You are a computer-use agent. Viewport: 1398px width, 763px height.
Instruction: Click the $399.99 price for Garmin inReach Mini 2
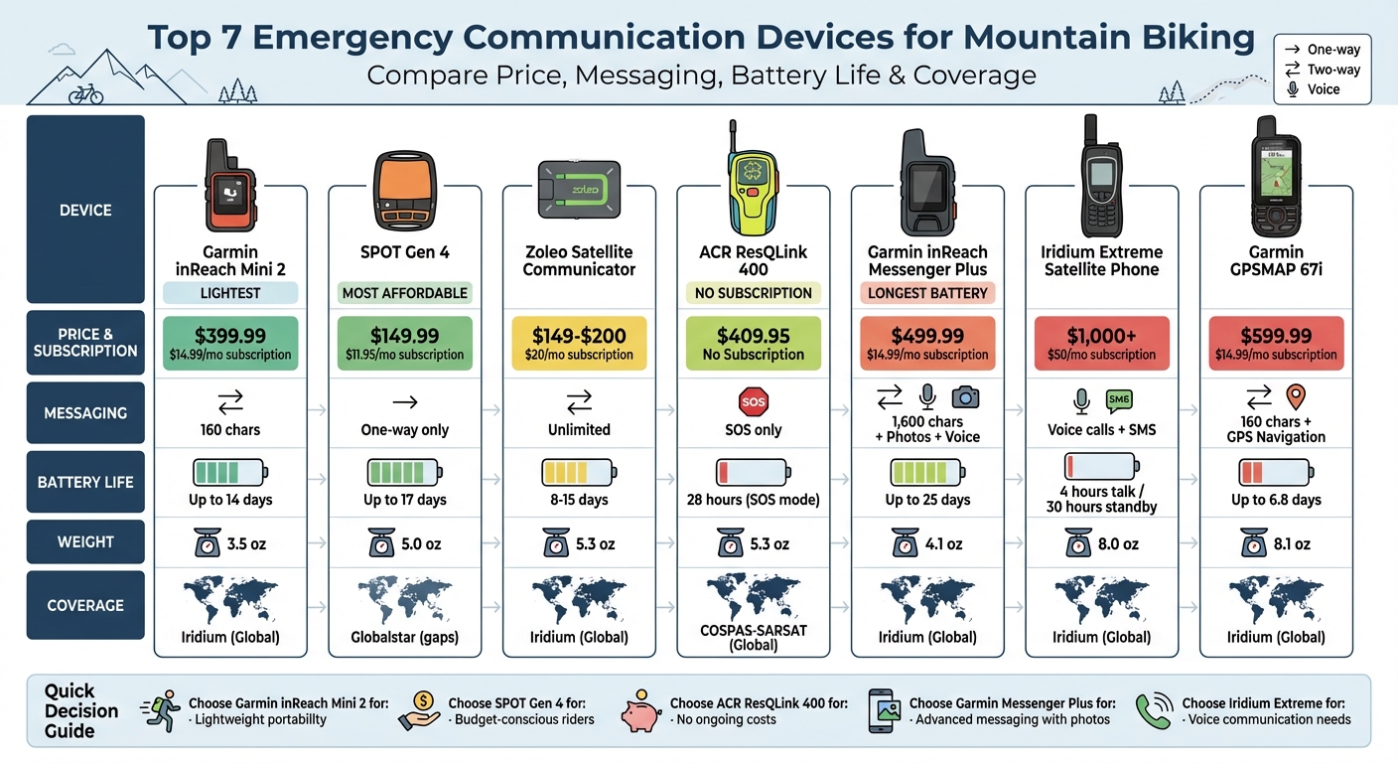tap(230, 336)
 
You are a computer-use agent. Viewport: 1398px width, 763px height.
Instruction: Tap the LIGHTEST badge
tap(230, 293)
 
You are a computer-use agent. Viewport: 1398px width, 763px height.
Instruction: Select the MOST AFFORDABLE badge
tap(404, 293)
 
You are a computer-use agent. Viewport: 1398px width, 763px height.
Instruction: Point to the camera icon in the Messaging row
tap(965, 397)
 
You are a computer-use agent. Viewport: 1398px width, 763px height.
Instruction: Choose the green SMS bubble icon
tap(1119, 400)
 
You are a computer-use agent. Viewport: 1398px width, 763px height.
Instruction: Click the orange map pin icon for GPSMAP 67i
tap(1295, 397)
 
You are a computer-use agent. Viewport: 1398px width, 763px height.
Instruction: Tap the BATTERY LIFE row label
tap(85, 482)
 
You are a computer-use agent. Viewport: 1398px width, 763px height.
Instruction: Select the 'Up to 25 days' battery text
tap(927, 500)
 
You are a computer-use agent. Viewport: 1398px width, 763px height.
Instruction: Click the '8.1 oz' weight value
tap(1290, 543)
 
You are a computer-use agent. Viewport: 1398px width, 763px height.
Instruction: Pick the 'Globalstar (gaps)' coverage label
tap(404, 637)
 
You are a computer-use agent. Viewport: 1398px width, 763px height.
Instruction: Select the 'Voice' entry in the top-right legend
tap(1324, 89)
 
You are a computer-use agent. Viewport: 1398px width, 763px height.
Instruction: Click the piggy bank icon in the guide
tap(639, 712)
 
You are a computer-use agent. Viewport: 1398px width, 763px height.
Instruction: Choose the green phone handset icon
tap(1154, 711)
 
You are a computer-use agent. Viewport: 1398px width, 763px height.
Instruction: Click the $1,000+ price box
tap(1102, 344)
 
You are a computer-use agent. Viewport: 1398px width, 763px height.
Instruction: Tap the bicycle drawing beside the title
tap(86, 93)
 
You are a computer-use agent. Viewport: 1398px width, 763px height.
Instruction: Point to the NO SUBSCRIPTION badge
tap(754, 293)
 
